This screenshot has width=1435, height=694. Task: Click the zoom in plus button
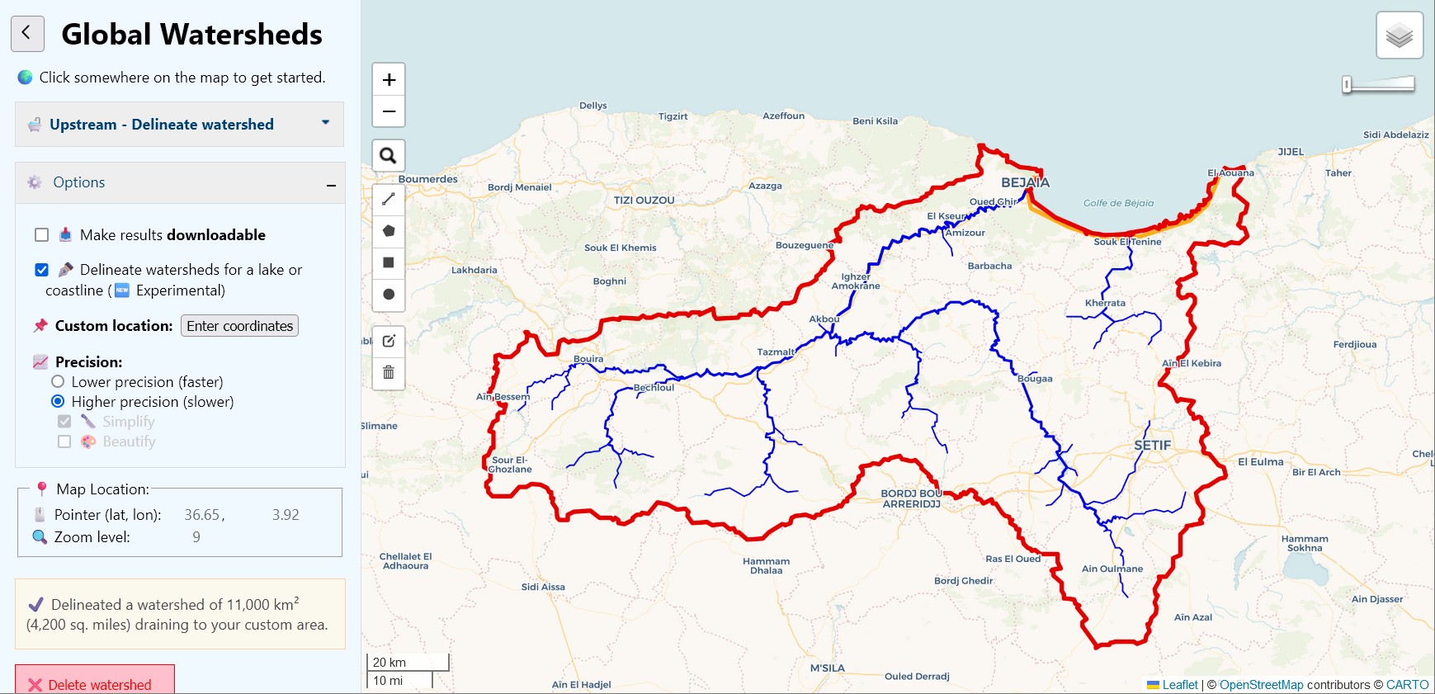pos(389,80)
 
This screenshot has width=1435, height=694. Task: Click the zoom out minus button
pos(389,111)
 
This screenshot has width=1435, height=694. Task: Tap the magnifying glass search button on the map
pos(389,155)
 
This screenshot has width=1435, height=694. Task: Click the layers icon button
pos(1400,35)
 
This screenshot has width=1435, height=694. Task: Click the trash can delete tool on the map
pos(389,372)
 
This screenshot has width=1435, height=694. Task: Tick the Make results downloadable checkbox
pos(42,235)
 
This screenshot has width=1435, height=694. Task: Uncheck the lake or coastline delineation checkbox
pos(42,270)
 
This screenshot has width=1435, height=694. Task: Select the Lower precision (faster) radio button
pos(58,382)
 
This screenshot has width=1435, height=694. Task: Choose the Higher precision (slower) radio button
pos(58,402)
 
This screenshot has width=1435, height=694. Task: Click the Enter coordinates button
pos(239,326)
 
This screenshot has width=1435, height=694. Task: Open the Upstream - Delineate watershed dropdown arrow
pos(325,123)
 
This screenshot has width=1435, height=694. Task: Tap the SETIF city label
pos(1152,446)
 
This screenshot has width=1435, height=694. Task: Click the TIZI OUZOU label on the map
pos(644,201)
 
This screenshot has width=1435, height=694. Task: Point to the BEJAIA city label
pos(1025,182)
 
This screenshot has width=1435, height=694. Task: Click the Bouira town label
pos(588,359)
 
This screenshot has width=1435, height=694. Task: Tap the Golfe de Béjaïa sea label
pos(1118,203)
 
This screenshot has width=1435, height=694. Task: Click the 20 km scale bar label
pos(389,663)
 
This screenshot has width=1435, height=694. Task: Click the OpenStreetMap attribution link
pos(1261,685)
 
